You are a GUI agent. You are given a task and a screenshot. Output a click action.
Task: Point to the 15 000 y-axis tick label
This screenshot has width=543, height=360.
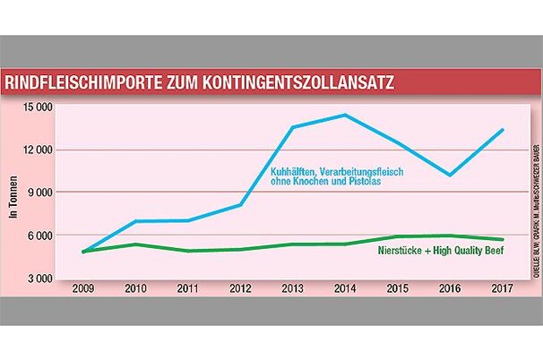click(39, 107)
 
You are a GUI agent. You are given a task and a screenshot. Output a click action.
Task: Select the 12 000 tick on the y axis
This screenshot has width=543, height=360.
click(39, 150)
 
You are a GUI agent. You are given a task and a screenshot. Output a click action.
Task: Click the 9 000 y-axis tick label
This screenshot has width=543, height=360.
click(41, 193)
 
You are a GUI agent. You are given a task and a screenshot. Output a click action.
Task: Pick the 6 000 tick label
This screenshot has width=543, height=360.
click(41, 236)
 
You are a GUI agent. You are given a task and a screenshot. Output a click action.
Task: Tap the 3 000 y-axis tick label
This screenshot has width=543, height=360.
click(41, 279)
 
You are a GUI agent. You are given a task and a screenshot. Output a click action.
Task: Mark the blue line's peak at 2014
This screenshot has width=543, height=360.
click(345, 115)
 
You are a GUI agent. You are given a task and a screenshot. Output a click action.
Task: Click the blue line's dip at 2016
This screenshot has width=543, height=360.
click(450, 175)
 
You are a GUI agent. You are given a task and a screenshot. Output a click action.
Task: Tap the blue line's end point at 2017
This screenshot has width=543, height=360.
click(502, 130)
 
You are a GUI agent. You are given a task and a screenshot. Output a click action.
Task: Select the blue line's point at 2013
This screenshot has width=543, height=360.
click(293, 127)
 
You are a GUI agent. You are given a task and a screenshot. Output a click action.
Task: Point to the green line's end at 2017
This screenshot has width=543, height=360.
click(502, 240)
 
